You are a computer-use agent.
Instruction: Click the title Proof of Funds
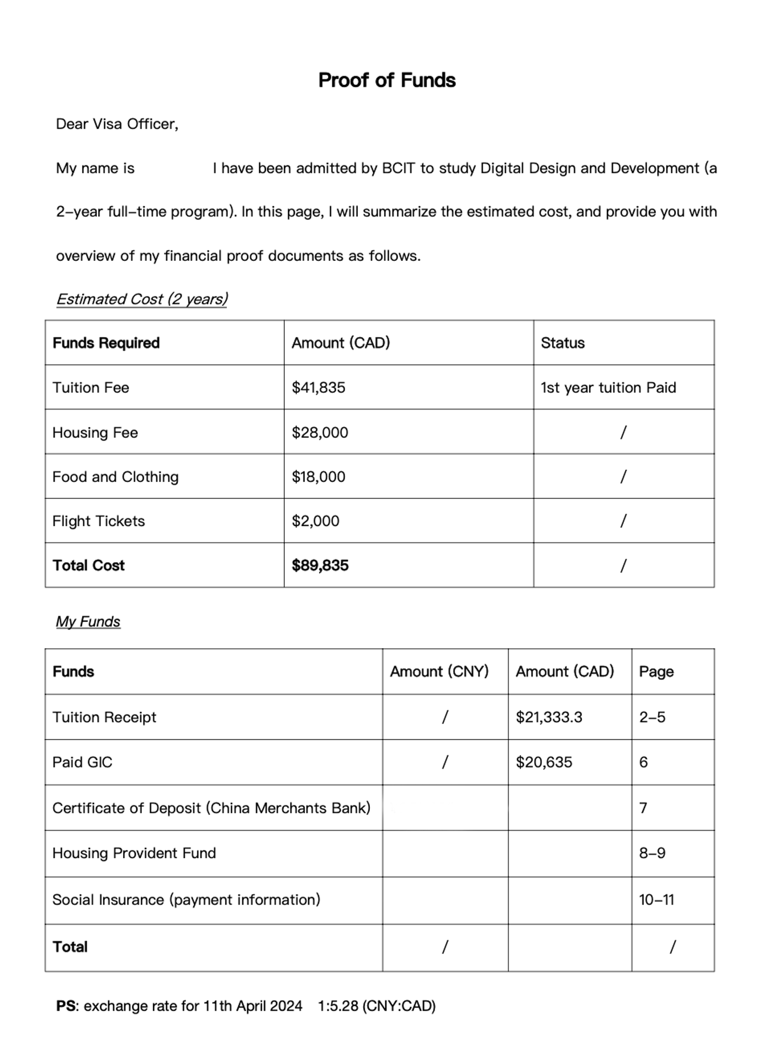coord(386,81)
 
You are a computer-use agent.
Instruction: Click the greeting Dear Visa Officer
coord(117,124)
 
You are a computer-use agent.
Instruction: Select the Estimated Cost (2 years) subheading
coord(142,300)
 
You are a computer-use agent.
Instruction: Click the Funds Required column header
coord(106,343)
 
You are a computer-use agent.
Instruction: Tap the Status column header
coord(563,343)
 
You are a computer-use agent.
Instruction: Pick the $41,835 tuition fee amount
coord(319,388)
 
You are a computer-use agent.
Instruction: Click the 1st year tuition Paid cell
coord(608,388)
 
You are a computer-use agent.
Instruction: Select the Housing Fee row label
coord(95,433)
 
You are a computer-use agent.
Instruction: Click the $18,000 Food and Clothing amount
coord(319,477)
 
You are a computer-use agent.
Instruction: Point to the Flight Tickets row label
coord(98,521)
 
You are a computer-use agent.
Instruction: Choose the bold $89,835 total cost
coord(320,566)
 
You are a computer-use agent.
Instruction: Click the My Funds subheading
coord(88,622)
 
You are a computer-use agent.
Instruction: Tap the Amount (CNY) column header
coord(439,672)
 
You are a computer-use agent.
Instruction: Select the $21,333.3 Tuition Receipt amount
coord(549,717)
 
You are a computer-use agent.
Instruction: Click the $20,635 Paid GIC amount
coord(544,763)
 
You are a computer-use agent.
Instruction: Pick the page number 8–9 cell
coord(652,853)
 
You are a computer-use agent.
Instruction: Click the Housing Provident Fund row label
coord(134,853)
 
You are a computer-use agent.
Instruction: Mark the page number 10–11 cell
coord(656,900)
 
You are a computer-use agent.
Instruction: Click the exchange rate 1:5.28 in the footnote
coord(338,1006)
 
